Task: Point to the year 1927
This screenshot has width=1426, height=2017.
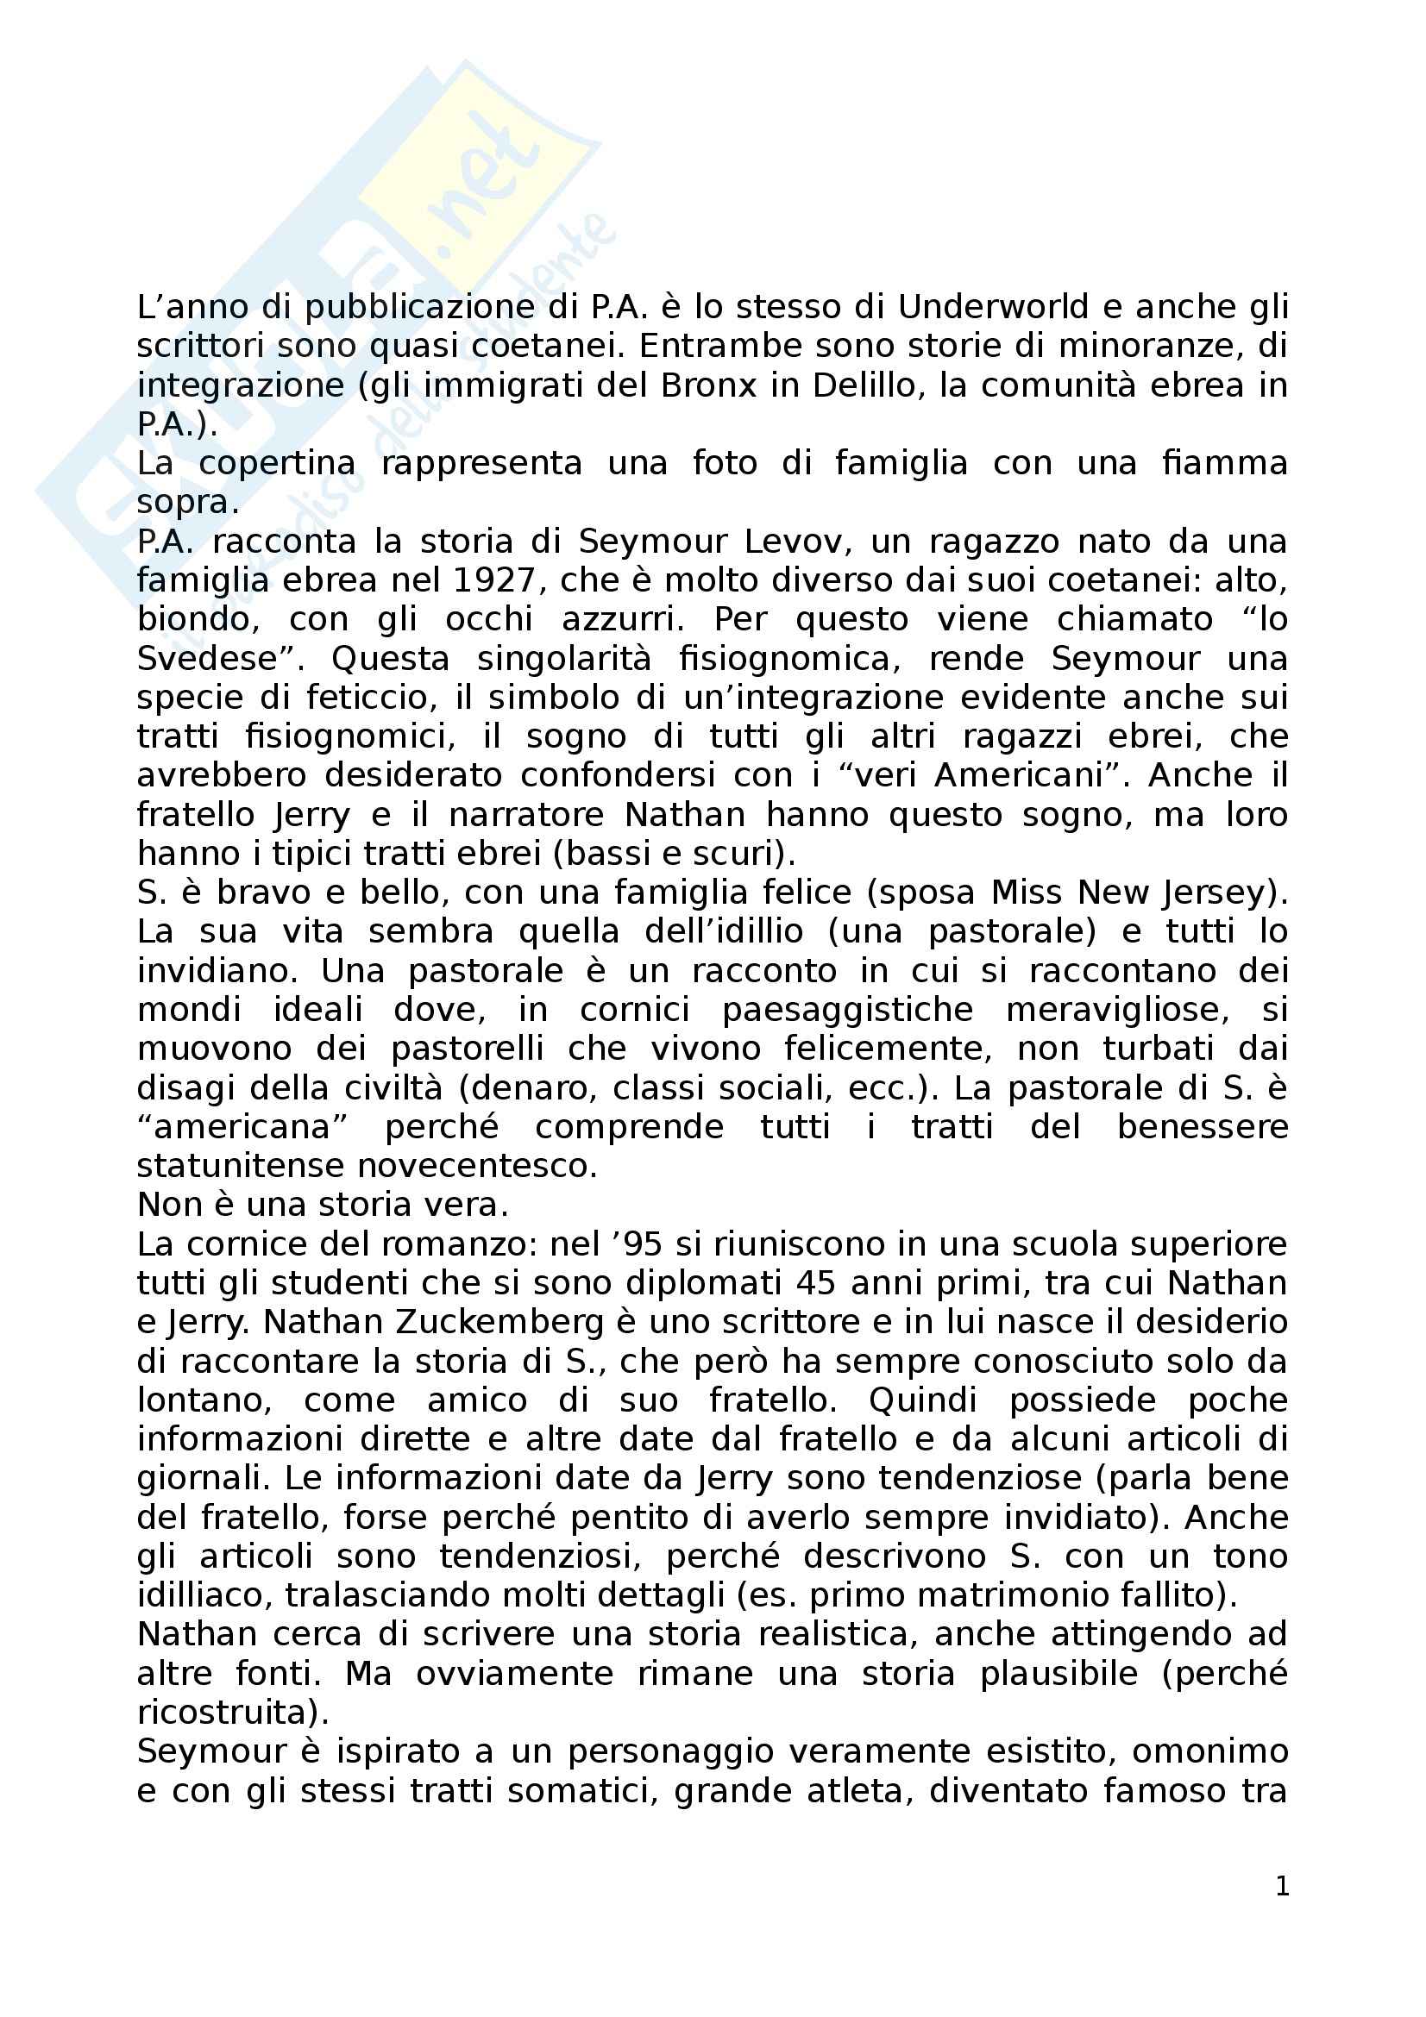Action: pos(494,579)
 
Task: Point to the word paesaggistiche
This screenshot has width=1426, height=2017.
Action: pos(847,1010)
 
